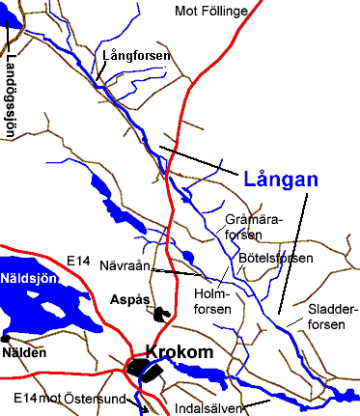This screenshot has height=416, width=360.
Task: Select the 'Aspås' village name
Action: [130, 299]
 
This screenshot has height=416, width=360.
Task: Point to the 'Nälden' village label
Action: [25, 353]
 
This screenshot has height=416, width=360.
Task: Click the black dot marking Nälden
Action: [6, 339]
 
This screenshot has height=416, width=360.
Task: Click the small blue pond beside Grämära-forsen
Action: [187, 256]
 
